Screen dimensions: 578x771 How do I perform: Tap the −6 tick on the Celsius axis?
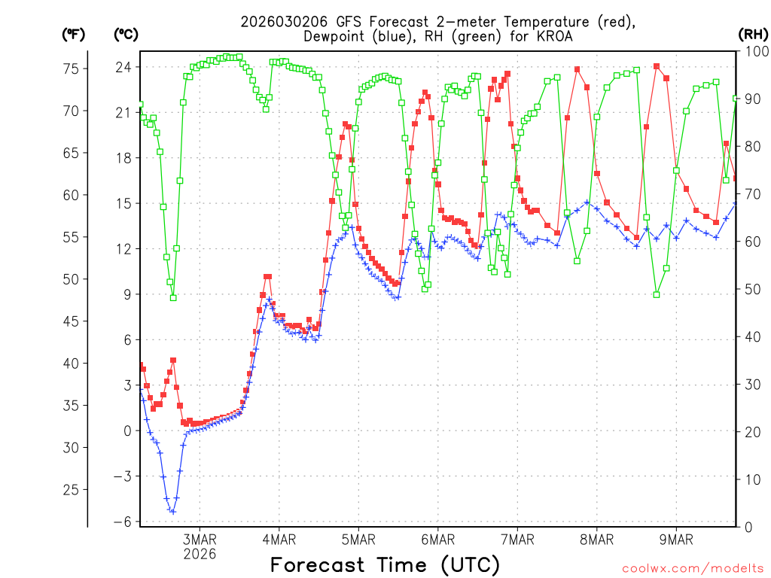point(123,522)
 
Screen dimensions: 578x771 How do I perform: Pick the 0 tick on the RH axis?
point(748,528)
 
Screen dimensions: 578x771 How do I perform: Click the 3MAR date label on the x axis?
point(200,540)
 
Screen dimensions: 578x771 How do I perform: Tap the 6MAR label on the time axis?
point(437,540)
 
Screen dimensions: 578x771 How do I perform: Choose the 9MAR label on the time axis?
point(676,540)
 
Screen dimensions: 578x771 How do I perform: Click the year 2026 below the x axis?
point(200,554)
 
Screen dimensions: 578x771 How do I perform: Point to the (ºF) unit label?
point(74,34)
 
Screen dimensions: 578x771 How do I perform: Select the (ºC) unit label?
point(126,34)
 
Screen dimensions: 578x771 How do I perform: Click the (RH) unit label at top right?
point(753,34)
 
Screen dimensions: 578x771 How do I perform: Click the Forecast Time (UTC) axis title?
point(385,564)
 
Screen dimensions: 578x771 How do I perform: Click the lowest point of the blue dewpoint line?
point(172,512)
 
